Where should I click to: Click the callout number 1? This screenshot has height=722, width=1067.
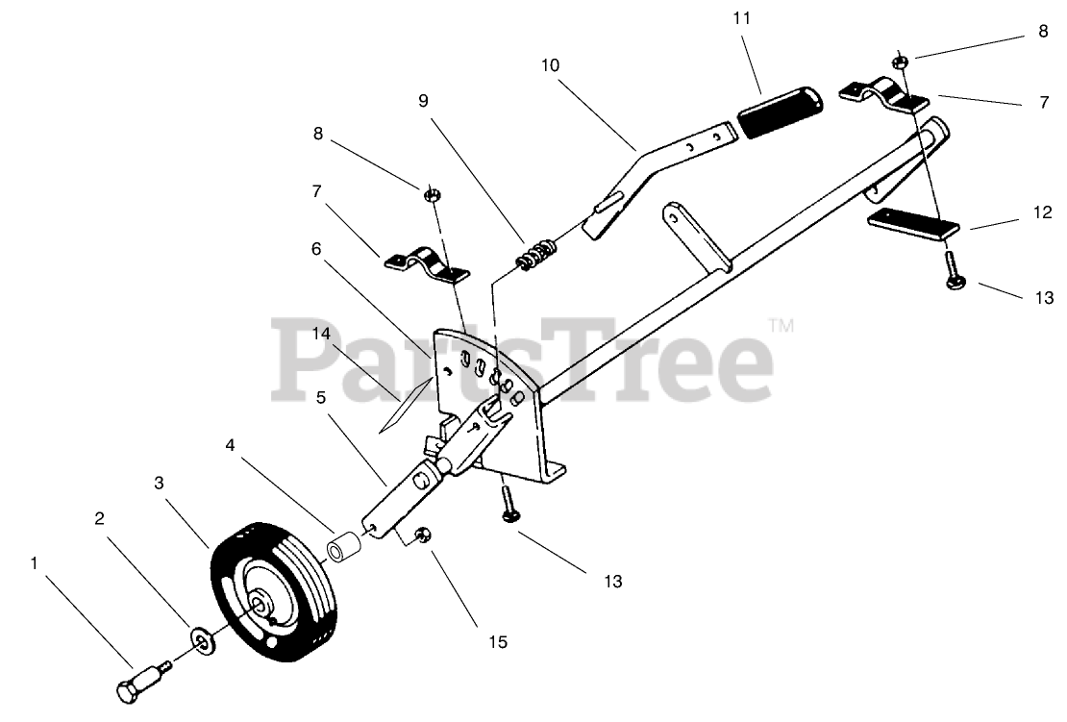coord(36,564)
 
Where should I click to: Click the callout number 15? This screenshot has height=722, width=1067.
coord(496,641)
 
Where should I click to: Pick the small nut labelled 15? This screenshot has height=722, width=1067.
coord(421,535)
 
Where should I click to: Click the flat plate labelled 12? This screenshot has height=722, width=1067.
coord(913,223)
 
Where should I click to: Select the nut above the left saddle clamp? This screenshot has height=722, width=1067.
coord(432,195)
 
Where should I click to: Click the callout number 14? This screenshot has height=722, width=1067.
coord(320,334)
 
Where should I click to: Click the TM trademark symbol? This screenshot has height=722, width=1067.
coord(782,327)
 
